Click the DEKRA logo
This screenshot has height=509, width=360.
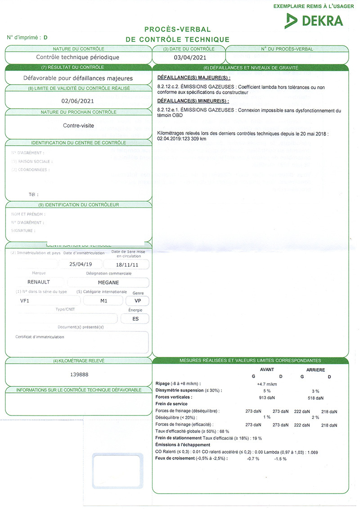pos(315,21)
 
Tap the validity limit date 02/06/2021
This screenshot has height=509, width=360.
pos(77,101)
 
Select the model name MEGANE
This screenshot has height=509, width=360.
pos(108,283)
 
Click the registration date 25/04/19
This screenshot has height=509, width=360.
pos(80,265)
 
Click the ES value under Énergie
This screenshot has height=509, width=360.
pos(135,319)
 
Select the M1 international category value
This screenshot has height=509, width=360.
pos(103,301)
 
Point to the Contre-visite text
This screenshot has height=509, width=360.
pos(79,126)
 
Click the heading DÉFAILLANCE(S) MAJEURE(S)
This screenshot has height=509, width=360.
pos(193,78)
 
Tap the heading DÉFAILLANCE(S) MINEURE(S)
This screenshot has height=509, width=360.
pos(193,101)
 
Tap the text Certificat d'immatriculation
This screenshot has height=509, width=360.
pos(40,337)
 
